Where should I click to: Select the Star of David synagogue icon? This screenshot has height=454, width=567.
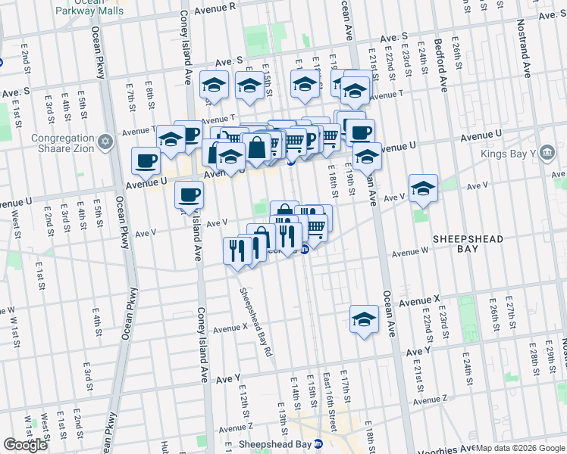tap(105, 141)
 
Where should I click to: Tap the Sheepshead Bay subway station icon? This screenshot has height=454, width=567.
tap(319, 444)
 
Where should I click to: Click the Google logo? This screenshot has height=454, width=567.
tap(25, 445)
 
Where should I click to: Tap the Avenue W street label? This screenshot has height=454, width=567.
tap(410, 253)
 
